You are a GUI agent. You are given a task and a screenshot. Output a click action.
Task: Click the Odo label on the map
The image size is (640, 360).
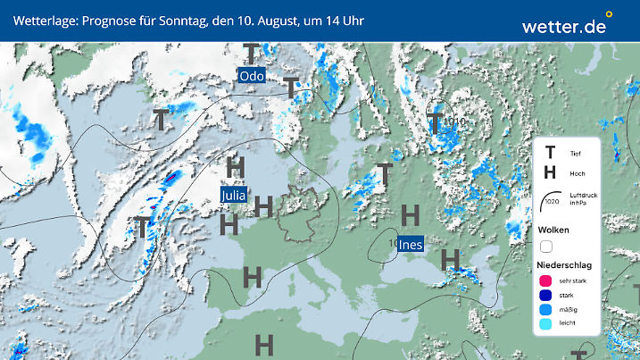pos(254,77)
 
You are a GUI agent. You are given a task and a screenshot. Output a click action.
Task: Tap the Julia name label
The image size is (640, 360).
pos(233,194)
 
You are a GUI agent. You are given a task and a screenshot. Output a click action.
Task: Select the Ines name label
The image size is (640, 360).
pos(410,243)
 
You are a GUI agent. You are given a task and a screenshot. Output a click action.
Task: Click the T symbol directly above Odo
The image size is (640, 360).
pos(253,54)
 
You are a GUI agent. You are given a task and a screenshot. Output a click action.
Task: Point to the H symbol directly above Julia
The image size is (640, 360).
pos(236,167)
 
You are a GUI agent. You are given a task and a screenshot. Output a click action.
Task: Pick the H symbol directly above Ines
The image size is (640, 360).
pos(410,215)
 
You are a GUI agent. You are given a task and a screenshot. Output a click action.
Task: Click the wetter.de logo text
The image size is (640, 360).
pos(563,26)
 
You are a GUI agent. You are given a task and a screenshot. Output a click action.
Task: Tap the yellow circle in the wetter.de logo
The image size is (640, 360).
pos(609,14)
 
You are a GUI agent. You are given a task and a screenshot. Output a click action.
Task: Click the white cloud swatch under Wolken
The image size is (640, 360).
pos(546,246)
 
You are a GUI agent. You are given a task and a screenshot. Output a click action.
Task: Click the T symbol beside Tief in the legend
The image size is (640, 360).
pos(550,154)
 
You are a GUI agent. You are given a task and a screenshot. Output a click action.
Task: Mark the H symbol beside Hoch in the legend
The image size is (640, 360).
pos(550,173)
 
